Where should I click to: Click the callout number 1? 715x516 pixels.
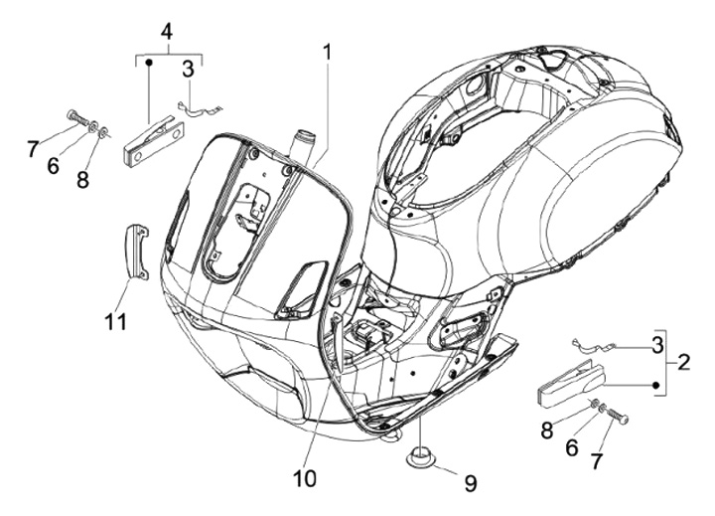[x=328, y=53]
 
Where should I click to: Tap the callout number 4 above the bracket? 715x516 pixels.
[x=167, y=32]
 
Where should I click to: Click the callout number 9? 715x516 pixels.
[x=471, y=483]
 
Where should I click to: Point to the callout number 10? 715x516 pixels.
[x=305, y=479]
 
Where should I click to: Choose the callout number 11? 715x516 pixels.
[x=115, y=322]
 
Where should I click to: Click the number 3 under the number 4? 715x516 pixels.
[x=188, y=70]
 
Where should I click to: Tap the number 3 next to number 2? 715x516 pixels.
[x=657, y=346]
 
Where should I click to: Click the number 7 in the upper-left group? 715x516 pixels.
[x=33, y=149]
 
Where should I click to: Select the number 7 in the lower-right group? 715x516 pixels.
[x=598, y=461]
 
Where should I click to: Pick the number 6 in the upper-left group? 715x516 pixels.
[x=53, y=165]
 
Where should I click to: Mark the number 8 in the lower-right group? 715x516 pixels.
[x=547, y=430]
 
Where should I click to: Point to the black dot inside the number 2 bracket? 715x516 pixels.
[x=656, y=385]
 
